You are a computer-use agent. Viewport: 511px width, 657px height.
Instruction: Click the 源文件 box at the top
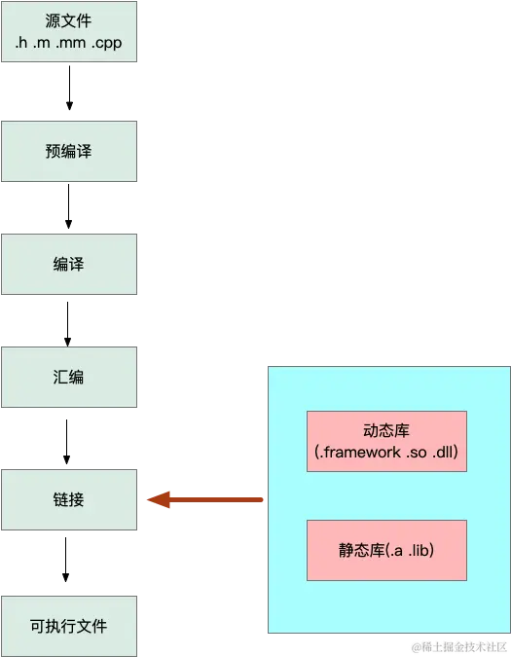pos(69,32)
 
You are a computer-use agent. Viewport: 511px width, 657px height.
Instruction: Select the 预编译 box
pos(69,151)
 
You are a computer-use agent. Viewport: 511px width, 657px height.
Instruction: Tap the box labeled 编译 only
pos(69,265)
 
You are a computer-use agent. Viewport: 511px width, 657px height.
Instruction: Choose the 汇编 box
pos(69,377)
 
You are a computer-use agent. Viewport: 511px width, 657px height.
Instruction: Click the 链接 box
pos(69,500)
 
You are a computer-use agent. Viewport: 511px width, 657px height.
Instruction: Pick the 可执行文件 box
pos(69,626)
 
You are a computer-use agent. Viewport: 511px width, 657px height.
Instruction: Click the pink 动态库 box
pos(386,441)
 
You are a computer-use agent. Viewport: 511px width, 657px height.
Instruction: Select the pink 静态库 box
pos(386,550)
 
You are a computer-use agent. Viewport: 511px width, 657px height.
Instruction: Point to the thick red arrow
pos(204,499)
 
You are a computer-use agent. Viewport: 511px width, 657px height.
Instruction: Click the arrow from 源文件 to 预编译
pos(69,88)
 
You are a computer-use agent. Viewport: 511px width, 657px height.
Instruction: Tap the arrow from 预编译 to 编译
pos(69,206)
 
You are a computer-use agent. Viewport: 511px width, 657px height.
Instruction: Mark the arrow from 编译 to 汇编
pos(67,324)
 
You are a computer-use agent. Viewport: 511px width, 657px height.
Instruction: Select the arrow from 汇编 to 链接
pos(66,442)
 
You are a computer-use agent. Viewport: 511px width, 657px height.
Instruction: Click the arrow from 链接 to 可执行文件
pos(66,560)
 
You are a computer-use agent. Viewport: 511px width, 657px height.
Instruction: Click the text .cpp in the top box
pos(107,43)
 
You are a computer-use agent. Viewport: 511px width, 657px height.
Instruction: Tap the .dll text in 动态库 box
pos(443,452)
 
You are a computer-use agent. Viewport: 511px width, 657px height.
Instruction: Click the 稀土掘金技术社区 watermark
pos(464,646)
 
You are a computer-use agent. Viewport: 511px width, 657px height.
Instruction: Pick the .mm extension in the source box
pos(71,43)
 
